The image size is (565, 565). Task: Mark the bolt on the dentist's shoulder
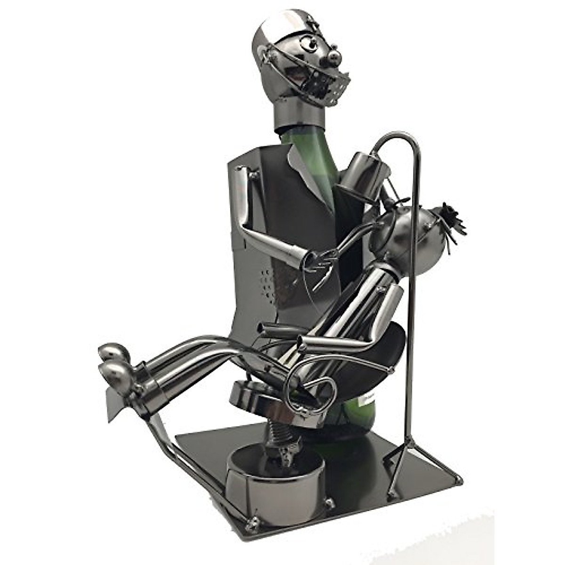[x=254, y=175]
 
